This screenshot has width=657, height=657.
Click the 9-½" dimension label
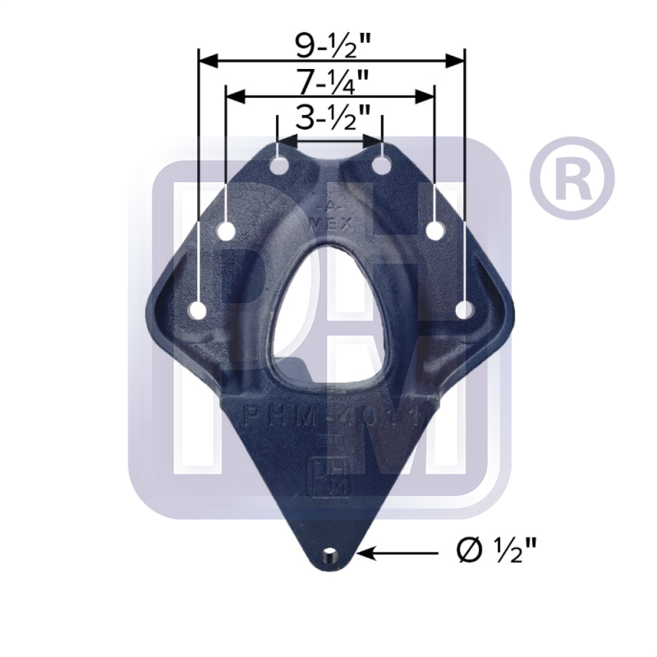332,44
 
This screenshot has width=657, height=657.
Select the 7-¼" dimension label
332,82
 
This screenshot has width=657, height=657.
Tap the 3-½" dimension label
332,120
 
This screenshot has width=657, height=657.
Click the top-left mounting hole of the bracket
279,166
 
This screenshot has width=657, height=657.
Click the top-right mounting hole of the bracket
382,166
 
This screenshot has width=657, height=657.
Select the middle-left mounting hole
227,231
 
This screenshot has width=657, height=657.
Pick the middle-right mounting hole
435,231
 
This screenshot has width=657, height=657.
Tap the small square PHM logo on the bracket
330,474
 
